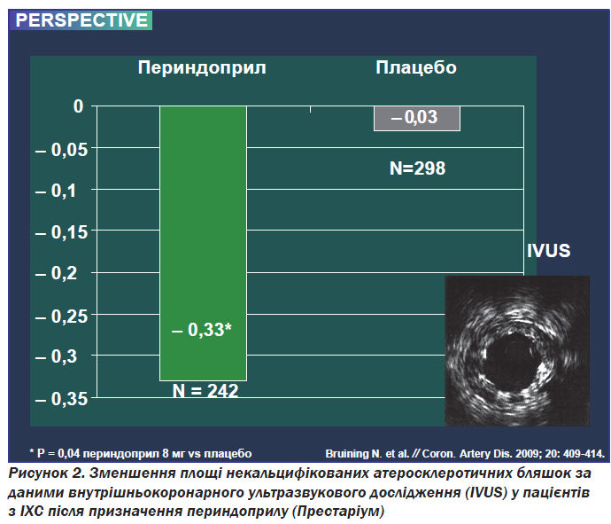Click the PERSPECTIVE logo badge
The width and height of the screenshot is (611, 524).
click(x=81, y=20)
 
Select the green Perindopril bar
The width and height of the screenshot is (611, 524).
click(x=203, y=243)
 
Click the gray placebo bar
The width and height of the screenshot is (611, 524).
click(x=417, y=118)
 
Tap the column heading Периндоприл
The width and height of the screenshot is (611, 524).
click(x=202, y=67)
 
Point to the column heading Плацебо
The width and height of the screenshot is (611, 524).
click(x=416, y=67)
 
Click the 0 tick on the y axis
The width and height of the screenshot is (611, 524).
click(x=79, y=106)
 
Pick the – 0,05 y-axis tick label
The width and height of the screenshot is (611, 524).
click(x=62, y=150)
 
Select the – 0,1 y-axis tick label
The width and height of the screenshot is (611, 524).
click(x=56, y=191)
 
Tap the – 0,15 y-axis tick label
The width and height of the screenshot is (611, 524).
click(x=62, y=232)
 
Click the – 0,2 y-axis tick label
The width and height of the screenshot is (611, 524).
click(x=57, y=273)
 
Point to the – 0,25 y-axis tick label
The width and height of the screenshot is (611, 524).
click(x=62, y=317)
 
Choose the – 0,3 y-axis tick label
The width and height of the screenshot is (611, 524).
click(x=57, y=356)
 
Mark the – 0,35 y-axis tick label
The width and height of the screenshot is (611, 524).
click(x=62, y=399)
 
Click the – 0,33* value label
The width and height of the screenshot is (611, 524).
click(x=202, y=330)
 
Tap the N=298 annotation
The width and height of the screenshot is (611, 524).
click(x=417, y=168)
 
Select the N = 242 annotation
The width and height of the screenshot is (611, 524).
click(x=205, y=390)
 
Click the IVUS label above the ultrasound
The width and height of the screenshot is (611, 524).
click(x=549, y=251)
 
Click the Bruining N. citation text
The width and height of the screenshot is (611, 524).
click(x=465, y=454)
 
